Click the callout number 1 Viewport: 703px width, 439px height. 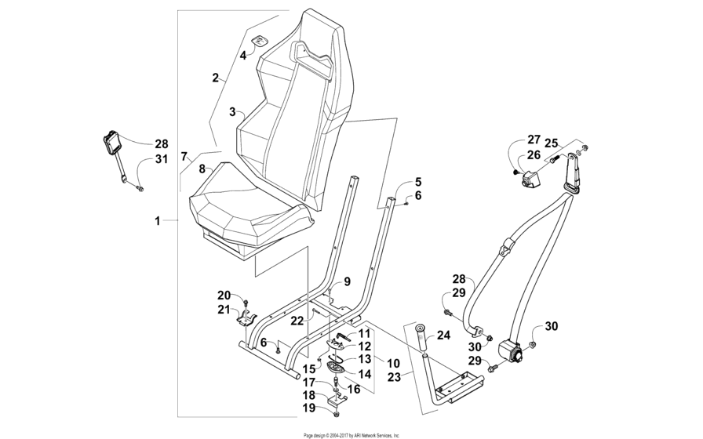click(x=157, y=222)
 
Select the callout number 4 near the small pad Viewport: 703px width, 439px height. click(x=243, y=56)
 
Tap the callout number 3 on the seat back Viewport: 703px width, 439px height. click(x=232, y=112)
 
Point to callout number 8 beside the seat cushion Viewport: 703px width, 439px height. click(x=202, y=169)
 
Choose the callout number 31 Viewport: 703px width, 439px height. click(x=161, y=161)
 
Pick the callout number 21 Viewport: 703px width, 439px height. click(x=224, y=310)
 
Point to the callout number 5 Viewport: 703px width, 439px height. click(x=417, y=181)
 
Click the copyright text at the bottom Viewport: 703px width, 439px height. click(x=351, y=434)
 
